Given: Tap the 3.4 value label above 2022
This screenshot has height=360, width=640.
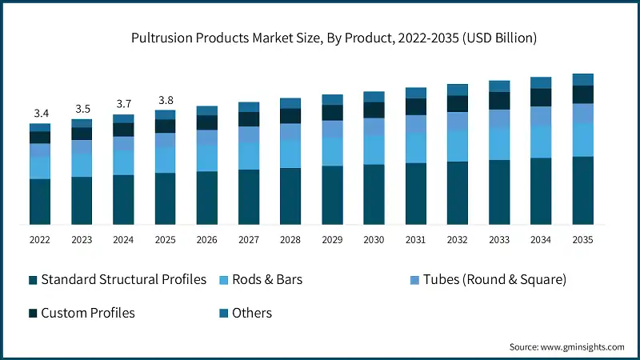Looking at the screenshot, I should coord(39,113).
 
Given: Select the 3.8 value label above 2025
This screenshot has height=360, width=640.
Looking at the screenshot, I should coord(165,100).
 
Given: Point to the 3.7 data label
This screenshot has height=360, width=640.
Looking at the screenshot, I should coord(123,104).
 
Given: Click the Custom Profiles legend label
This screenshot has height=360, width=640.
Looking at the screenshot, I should coord(87,313).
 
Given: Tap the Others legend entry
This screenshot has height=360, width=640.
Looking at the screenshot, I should coord(251,313).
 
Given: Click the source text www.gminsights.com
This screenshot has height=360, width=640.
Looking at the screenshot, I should coord(566,346).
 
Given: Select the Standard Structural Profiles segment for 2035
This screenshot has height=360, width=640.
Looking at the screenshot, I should coord(582,190).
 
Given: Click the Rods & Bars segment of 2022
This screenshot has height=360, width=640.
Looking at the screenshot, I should coord(39,166).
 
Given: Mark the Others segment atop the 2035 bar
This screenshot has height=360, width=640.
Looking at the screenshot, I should coord(582,79).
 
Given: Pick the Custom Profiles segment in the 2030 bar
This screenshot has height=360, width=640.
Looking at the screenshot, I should coord(373,110).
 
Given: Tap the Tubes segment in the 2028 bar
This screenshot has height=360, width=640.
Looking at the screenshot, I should coord(290,132).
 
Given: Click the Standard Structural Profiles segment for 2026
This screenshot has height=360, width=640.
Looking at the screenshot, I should coord(206,198).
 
